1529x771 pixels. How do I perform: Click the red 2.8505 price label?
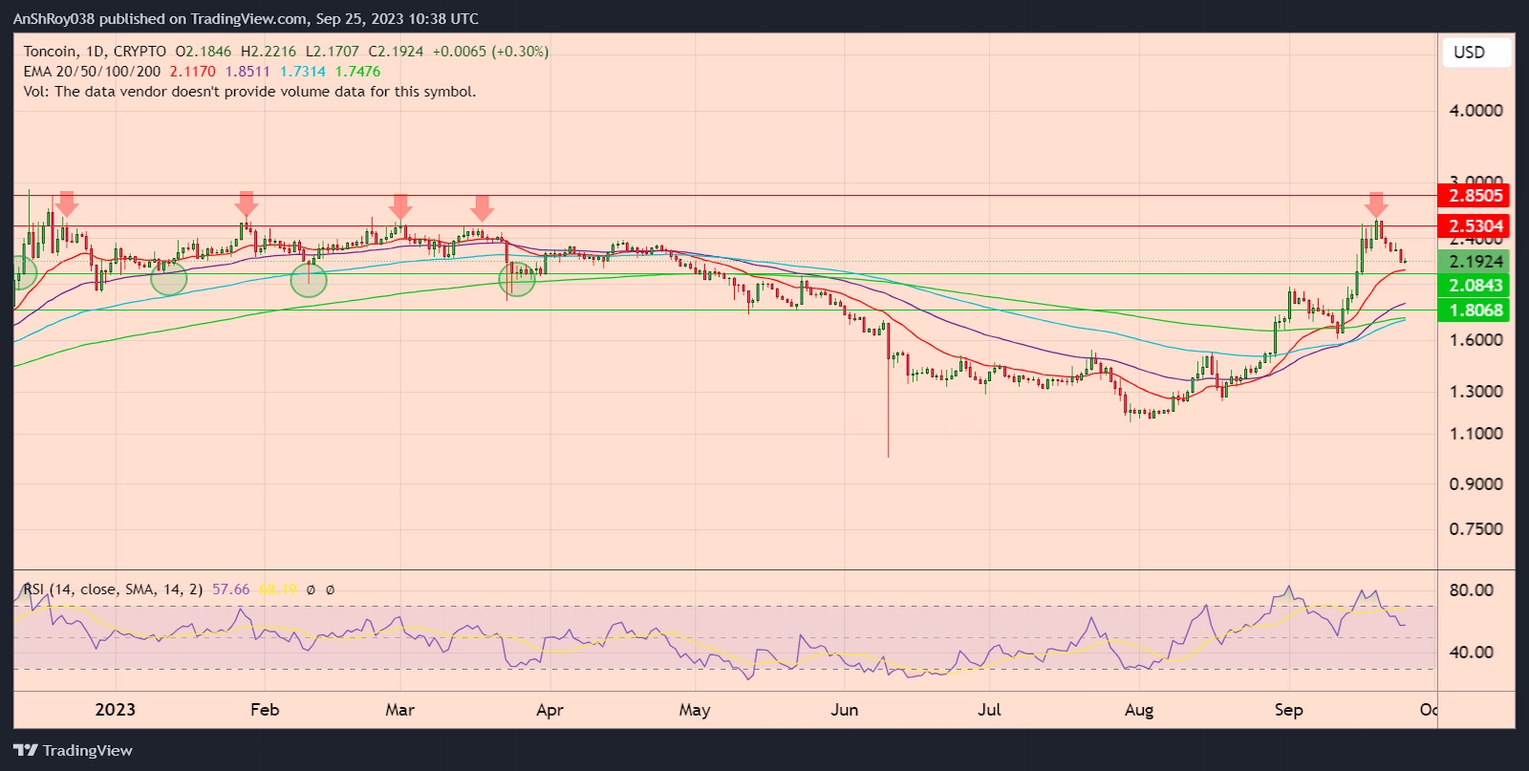point(1475,196)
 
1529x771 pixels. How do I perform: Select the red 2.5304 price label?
point(1475,226)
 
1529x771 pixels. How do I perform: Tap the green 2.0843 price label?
point(1475,286)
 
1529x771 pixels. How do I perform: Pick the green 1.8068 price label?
point(1475,311)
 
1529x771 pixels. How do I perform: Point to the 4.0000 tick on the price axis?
point(1475,111)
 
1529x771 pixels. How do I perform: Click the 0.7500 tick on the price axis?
point(1475,529)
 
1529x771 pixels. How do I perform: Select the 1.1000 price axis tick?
point(1475,434)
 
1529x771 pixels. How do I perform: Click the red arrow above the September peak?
point(1376,204)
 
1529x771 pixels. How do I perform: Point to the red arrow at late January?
point(247,203)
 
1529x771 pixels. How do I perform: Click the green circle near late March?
point(517,279)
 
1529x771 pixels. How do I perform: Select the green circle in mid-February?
point(309,279)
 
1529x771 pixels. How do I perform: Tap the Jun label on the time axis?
point(845,710)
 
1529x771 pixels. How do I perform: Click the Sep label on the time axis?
point(1288,710)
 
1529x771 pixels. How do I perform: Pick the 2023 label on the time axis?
point(116,710)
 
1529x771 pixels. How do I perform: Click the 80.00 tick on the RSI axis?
point(1471,590)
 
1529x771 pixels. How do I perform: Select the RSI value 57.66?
point(230,589)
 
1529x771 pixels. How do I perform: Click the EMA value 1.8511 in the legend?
point(248,72)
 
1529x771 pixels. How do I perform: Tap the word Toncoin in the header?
point(50,52)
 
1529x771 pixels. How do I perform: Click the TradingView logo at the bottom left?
point(73,751)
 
